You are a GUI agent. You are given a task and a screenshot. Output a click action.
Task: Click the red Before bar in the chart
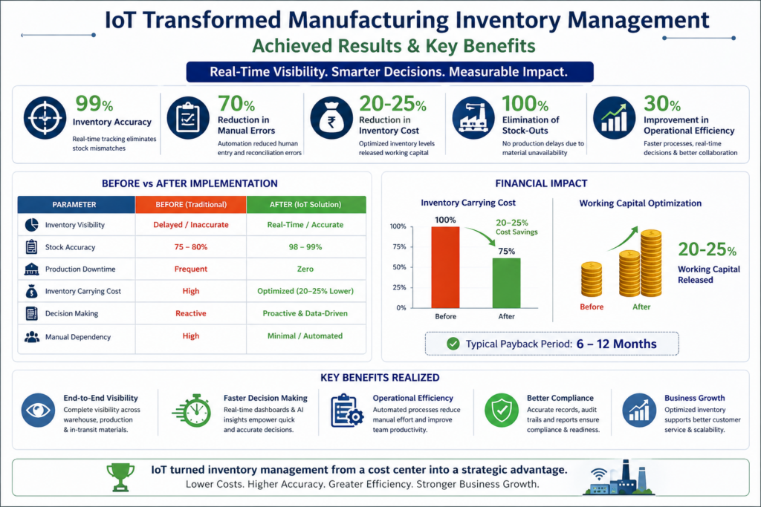445,267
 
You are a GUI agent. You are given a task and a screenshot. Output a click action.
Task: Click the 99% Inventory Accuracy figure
90,104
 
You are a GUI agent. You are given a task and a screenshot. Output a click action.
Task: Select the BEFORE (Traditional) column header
190,204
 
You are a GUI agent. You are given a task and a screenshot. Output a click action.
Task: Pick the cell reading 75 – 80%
190,247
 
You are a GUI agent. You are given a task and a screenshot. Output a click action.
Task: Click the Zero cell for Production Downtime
305,269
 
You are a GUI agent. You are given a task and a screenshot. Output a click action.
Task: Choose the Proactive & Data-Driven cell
305,313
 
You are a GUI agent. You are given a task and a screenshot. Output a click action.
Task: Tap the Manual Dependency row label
77,336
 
